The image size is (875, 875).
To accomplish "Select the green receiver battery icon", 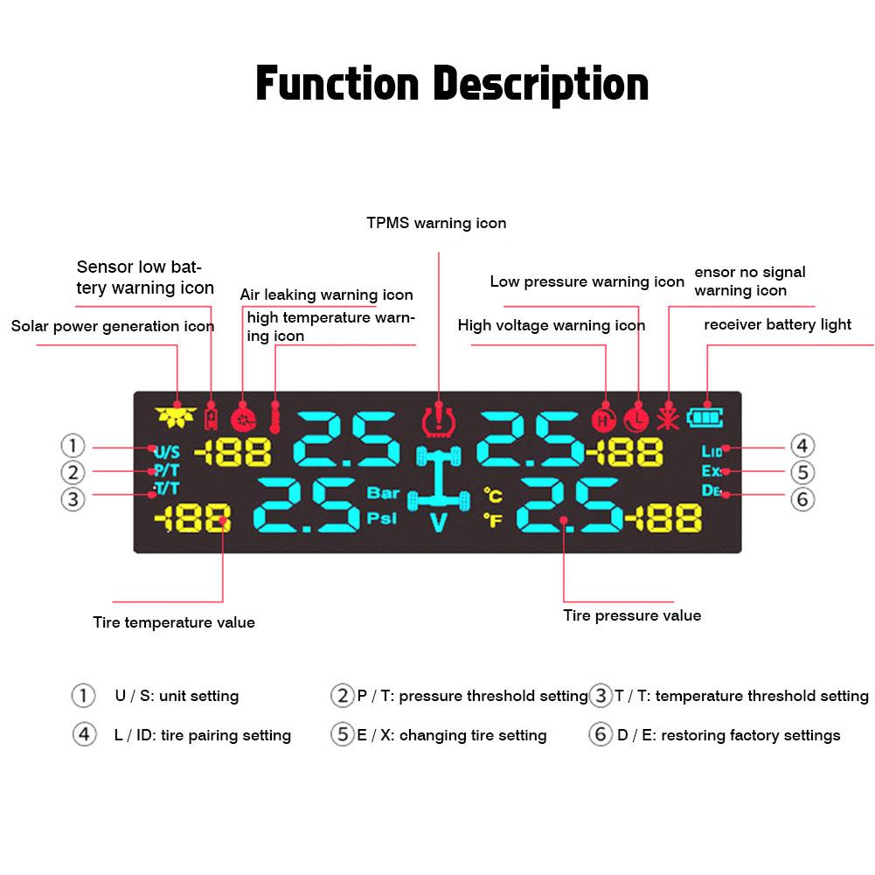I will [700, 417].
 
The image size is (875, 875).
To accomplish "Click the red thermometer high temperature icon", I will [275, 418].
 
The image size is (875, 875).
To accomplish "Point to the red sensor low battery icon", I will [211, 417].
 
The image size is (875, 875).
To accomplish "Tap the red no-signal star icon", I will [669, 418].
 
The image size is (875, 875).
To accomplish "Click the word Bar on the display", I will [383, 493].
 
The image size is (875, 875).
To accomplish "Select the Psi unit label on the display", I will [382, 517].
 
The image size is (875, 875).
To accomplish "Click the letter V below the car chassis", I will [438, 525].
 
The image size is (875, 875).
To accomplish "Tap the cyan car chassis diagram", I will [437, 477].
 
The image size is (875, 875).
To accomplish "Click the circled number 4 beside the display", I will [802, 447].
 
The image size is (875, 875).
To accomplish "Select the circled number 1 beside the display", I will [73, 446].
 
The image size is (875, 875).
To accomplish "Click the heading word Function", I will [337, 85].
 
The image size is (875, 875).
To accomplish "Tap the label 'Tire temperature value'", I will [174, 622].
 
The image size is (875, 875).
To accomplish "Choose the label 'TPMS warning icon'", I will [436, 223].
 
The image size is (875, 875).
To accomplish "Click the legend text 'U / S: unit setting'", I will [177, 697].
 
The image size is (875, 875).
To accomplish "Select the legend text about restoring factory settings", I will [728, 735].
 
